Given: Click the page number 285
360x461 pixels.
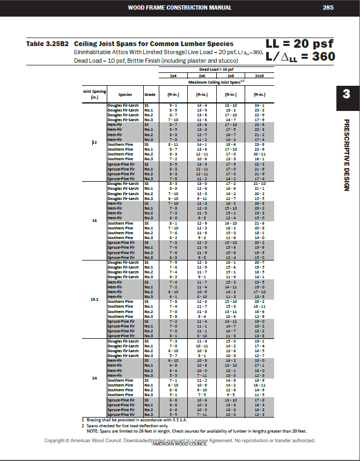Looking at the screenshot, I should (x=328, y=8).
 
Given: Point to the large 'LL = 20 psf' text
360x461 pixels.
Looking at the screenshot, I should (x=300, y=43).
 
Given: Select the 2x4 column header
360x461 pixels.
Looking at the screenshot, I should (x=173, y=76).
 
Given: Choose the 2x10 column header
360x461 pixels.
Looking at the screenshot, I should (x=259, y=76).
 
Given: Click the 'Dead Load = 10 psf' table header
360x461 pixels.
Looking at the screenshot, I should (x=216, y=70).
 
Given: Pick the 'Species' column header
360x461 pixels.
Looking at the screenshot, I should (x=125, y=95).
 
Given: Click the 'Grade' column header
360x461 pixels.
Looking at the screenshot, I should (x=150, y=95).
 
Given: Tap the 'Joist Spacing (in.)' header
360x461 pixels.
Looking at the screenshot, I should (x=94, y=94).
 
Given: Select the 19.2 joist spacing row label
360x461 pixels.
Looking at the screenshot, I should (x=94, y=299).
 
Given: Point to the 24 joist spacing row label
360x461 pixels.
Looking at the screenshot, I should (x=94, y=378).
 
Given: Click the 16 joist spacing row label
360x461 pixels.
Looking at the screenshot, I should (x=94, y=220).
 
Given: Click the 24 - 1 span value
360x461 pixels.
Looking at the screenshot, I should (x=259, y=105).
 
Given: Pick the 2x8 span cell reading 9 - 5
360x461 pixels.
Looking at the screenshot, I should (x=231, y=395).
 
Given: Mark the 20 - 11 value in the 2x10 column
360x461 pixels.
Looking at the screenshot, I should (x=259, y=154).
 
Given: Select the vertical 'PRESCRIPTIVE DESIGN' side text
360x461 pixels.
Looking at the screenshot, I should (x=346, y=155).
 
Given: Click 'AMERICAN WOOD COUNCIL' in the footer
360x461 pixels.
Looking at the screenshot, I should (x=180, y=444).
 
